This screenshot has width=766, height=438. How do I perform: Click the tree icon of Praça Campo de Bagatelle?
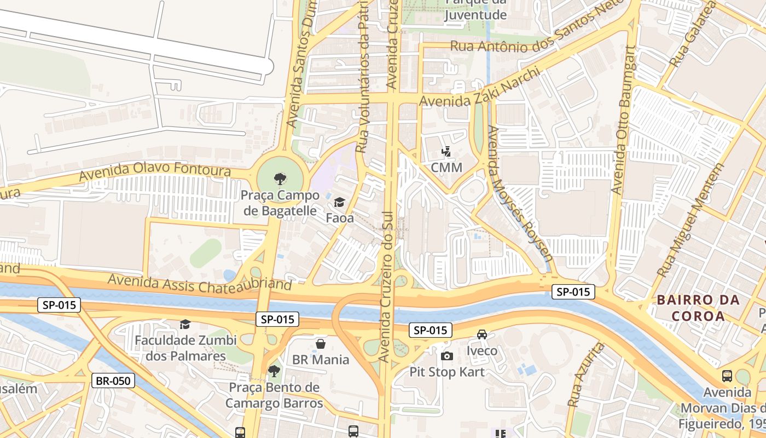pyautogui.click(x=280, y=178)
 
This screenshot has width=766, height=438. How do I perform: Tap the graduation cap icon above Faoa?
pyautogui.click(x=339, y=203)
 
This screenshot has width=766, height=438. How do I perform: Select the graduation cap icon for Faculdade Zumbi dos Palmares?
pyautogui.click(x=185, y=325)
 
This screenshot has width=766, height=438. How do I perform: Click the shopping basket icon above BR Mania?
pyautogui.click(x=321, y=344)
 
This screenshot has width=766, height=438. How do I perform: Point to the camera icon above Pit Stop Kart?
pyautogui.click(x=446, y=356)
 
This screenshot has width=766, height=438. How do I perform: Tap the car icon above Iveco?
pyautogui.click(x=482, y=335)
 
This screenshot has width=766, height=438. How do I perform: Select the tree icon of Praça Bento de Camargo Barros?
pyautogui.click(x=274, y=371)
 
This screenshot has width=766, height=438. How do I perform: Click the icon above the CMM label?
pyautogui.click(x=446, y=152)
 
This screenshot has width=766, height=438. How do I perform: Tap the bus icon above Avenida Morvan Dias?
pyautogui.click(x=727, y=376)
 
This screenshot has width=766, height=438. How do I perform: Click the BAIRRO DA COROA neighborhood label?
pyautogui.click(x=698, y=308)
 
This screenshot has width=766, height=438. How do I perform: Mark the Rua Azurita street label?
pyautogui.click(x=586, y=375)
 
